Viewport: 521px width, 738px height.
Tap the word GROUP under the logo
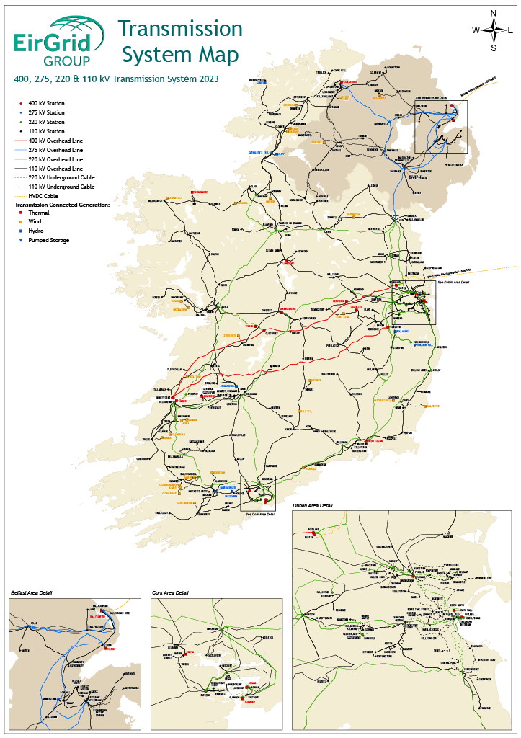point(66,59)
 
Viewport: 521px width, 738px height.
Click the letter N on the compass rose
point(494,13)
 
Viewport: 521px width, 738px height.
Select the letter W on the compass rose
point(476,30)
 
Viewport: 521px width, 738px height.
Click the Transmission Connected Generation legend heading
point(62,205)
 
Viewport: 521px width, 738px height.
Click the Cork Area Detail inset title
point(170,592)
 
